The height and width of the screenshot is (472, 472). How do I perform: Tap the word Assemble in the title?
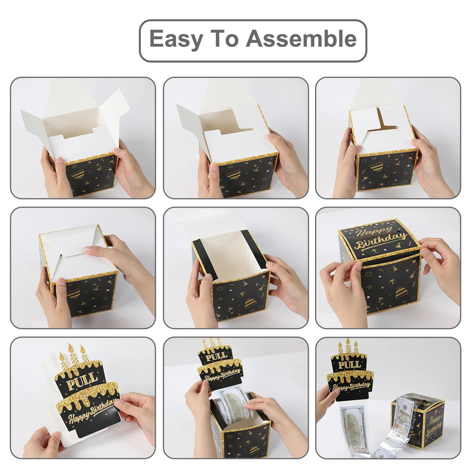tap(301, 38)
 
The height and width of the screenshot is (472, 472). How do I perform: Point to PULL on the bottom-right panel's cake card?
tap(350, 365)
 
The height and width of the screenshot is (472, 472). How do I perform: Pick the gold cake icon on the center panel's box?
tap(249, 303)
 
